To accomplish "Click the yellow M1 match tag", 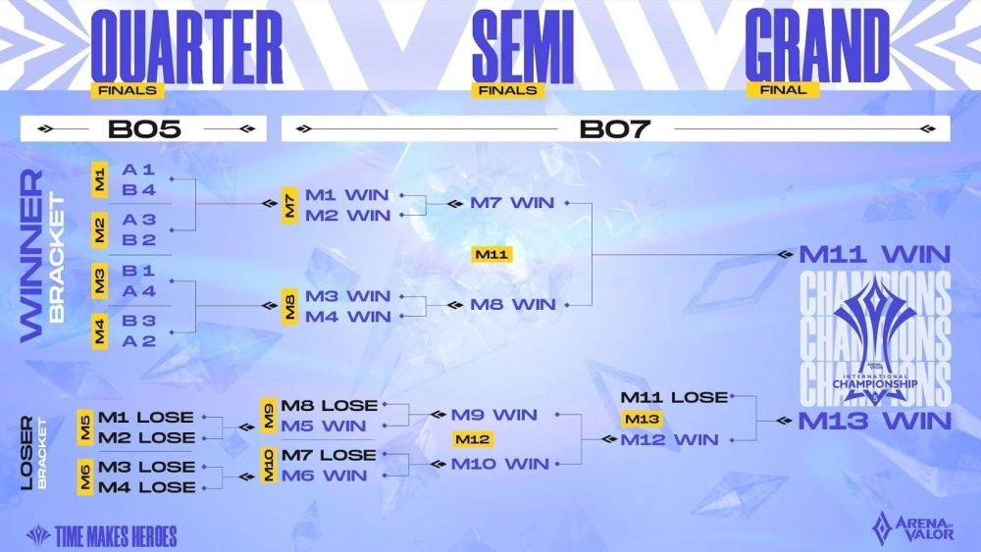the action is click(x=99, y=180).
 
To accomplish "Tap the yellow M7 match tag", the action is click(x=289, y=205).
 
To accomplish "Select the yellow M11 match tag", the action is click(x=491, y=255).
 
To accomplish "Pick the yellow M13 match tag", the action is click(x=642, y=419).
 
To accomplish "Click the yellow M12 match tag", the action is click(x=473, y=439).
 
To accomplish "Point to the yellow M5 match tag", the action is click(x=85, y=427).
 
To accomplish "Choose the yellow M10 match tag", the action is click(x=269, y=465).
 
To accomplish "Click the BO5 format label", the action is click(x=144, y=129).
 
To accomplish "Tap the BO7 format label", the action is click(x=615, y=129).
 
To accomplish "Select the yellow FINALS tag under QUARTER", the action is click(x=128, y=90).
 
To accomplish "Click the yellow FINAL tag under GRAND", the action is click(x=783, y=90).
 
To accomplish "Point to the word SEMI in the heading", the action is click(x=523, y=47).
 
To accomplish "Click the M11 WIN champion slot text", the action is click(x=875, y=255).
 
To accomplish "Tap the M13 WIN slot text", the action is click(x=875, y=421).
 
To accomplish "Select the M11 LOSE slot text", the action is click(x=674, y=397).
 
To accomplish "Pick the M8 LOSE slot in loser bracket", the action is click(x=329, y=406).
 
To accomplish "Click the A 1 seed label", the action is click(x=138, y=170).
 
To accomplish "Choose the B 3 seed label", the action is click(x=139, y=321).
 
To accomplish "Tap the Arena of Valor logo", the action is click(x=912, y=527).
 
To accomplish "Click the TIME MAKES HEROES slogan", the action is click(x=102, y=535).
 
